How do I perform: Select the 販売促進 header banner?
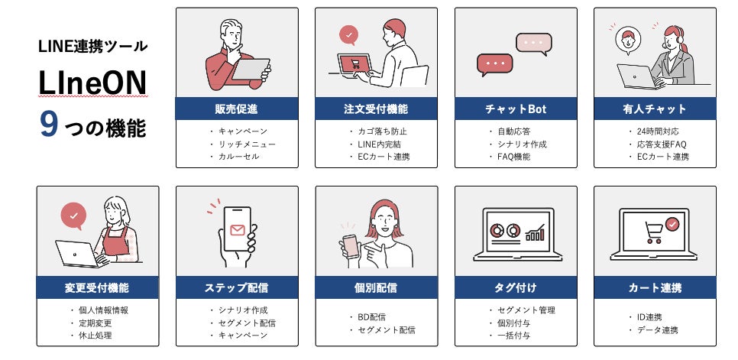pos(237,109)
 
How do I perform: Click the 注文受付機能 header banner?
pos(376,109)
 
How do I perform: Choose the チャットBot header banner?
pos(516,109)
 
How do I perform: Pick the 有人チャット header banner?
pos(655,109)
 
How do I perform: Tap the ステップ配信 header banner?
pos(237,287)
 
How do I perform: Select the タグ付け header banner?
pos(516,287)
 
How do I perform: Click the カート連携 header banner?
pos(655,287)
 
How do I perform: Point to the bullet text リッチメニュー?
pos(247,144)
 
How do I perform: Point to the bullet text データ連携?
pos(658,329)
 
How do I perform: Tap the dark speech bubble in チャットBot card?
pos(494,63)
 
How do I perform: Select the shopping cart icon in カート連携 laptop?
pos(653,229)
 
